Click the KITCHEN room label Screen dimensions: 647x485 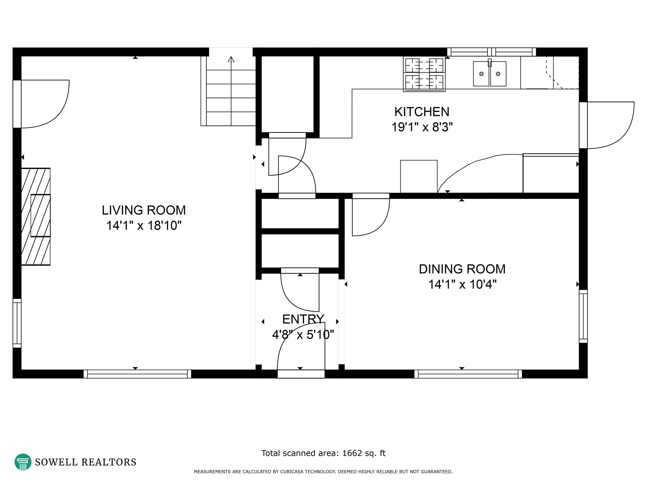click(422, 112)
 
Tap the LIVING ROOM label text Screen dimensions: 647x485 click(144, 210)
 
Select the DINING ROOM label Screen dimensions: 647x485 click(462, 269)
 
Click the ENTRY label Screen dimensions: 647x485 click(303, 319)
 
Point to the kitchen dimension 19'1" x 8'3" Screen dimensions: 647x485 click(422, 127)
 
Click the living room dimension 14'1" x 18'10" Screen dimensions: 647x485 click(144, 226)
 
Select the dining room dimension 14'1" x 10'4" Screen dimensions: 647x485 click(462, 284)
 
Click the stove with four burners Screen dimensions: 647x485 click(424, 74)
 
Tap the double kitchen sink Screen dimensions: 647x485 click(490, 74)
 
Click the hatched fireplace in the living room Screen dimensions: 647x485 click(36, 217)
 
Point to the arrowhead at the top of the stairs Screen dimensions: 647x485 click(231, 59)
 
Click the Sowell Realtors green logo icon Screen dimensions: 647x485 click(23, 462)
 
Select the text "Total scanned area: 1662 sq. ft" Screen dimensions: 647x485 click(323, 453)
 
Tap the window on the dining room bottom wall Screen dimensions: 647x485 click(468, 374)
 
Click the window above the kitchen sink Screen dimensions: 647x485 click(491, 52)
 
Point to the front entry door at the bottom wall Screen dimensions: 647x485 click(301, 374)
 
